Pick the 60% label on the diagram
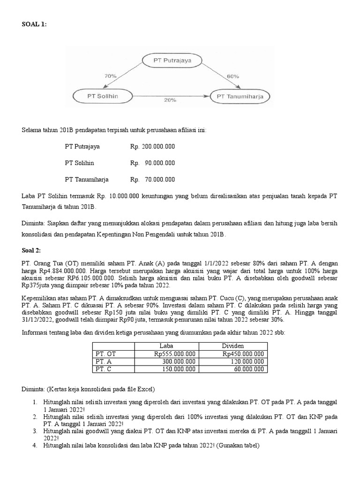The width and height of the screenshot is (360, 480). point(233,75)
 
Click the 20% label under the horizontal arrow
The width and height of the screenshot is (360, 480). point(170,100)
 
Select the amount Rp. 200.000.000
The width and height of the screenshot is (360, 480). point(152,147)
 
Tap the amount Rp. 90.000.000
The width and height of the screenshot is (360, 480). point(152,163)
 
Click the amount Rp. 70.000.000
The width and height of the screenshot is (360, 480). point(152,179)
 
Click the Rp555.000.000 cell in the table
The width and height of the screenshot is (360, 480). point(173,354)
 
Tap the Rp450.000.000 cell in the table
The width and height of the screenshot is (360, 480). point(242,354)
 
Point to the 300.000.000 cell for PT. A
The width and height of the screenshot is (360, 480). point(178,361)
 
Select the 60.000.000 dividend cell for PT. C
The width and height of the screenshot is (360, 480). point(247,369)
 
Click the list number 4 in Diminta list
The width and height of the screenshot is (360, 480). point(35,446)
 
